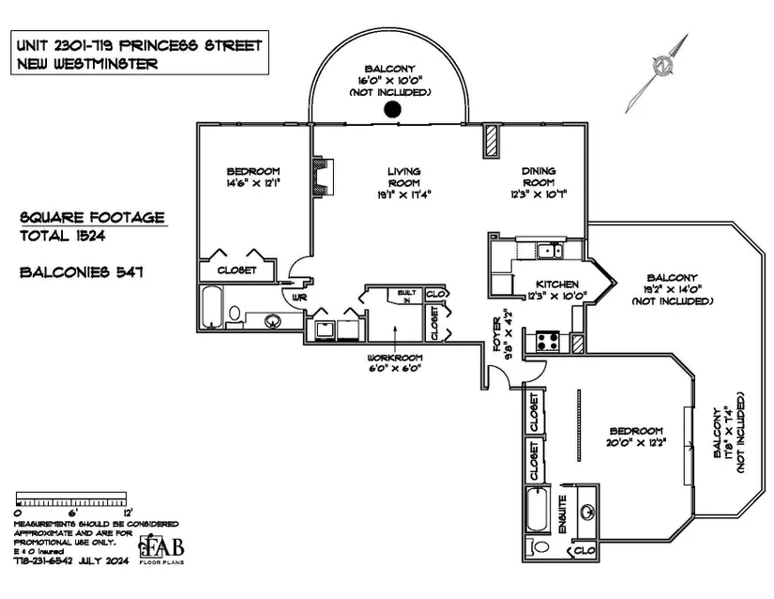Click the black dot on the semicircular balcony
(x=392, y=110)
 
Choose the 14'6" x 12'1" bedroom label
(x=253, y=177)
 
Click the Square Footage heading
(x=92, y=217)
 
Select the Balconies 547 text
(x=79, y=272)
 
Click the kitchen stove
(x=547, y=342)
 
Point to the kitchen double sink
(x=544, y=250)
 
